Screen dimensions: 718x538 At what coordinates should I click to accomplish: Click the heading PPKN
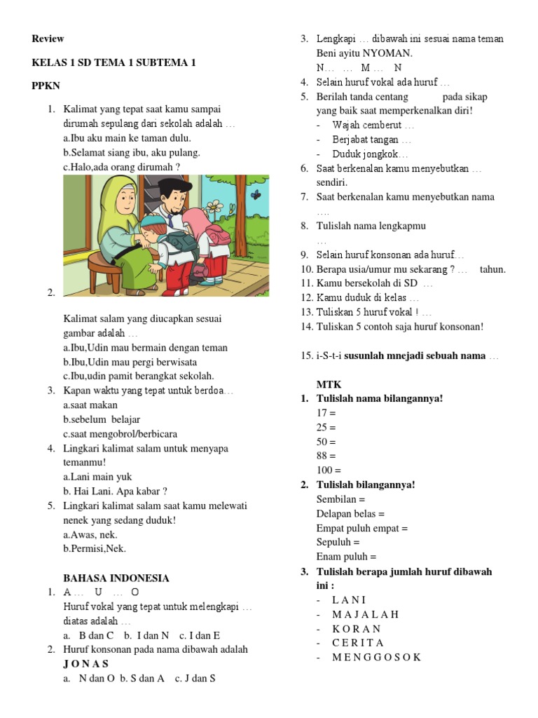pos(46,86)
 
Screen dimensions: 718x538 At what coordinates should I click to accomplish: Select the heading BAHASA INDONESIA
pos(116,578)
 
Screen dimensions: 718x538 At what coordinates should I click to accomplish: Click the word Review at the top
pos(48,39)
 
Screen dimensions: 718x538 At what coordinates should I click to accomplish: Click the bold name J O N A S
pos(85,663)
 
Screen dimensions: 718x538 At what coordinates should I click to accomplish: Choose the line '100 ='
pos(329,470)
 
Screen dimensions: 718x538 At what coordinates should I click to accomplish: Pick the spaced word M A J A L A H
pos(366,614)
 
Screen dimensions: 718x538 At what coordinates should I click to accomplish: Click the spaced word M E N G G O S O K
pos(377,657)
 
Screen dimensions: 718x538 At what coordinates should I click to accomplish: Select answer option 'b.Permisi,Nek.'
pos(95,549)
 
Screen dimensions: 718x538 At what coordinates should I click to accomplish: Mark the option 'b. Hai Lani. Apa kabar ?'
pos(115,492)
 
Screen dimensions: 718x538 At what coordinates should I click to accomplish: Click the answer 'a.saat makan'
pos(90,405)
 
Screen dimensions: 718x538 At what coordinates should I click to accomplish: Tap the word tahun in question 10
pos(492,269)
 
